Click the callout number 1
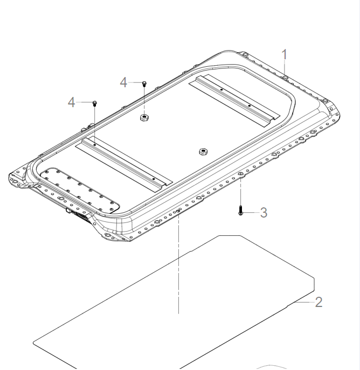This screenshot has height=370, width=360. [285, 54]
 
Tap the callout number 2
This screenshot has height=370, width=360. [319, 302]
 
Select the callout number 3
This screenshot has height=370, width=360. [264, 213]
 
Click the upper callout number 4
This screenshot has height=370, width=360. [124, 82]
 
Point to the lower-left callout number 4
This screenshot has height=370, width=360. [72, 102]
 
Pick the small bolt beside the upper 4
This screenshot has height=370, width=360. [144, 83]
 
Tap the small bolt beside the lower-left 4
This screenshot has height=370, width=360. [94, 103]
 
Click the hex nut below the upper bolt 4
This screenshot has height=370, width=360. [144, 117]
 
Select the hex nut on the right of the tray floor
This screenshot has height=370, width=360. [203, 152]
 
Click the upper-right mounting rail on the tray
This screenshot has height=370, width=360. [237, 97]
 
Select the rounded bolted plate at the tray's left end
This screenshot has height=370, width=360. [80, 190]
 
